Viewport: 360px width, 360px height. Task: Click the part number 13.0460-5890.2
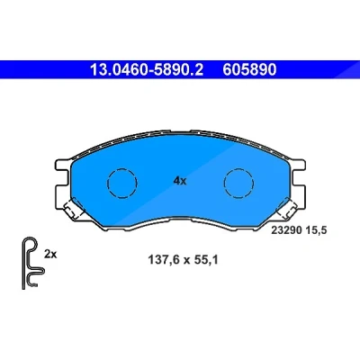coord(147,70)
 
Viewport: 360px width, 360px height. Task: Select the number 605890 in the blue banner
coord(249,70)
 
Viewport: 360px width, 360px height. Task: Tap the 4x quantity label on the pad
coord(180,181)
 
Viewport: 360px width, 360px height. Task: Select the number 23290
coord(286,230)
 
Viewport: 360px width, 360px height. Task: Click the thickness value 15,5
coord(316,230)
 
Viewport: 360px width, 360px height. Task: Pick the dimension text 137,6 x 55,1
coord(183,260)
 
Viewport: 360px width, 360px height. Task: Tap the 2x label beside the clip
coord(50,255)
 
